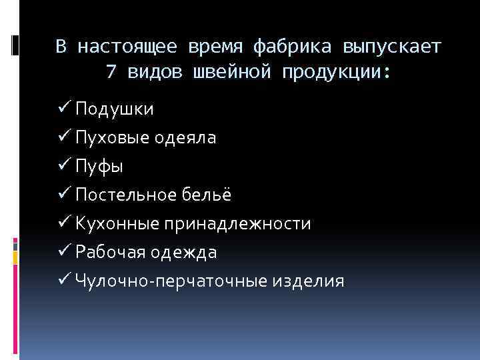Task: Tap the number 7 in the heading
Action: coord(111,72)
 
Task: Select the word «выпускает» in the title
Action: coord(392,47)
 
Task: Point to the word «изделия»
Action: coord(307,281)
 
